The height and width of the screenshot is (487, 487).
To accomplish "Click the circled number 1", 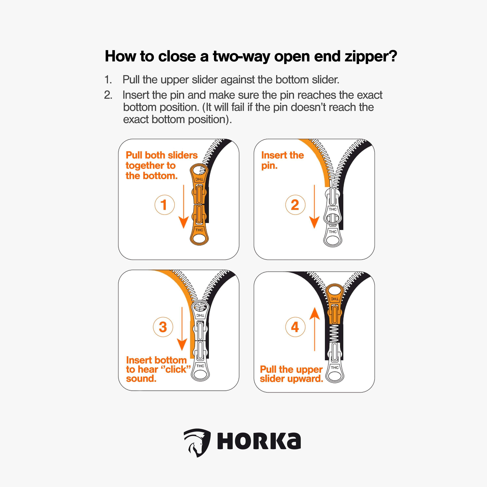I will pyautogui.click(x=164, y=205).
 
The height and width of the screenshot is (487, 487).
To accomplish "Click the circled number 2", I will pyautogui.click(x=295, y=205).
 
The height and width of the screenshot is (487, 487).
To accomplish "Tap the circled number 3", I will pyautogui.click(x=163, y=327).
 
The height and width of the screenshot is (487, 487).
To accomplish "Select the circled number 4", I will pyautogui.click(x=295, y=327).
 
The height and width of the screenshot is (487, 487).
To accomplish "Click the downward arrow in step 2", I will pyautogui.click(x=314, y=207).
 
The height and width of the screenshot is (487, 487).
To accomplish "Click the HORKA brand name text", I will pyautogui.click(x=259, y=441).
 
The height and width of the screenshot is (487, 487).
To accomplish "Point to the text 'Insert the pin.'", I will pyautogui.click(x=282, y=160).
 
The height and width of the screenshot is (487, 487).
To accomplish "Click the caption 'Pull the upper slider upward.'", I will pyautogui.click(x=291, y=374).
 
